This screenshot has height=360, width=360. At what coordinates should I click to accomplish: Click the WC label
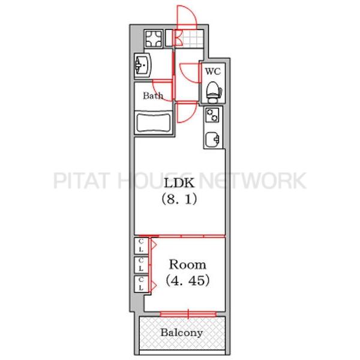[x=213, y=71]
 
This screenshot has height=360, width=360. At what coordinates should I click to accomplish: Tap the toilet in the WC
[x=213, y=91]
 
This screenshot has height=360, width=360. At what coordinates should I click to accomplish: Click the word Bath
[x=152, y=95]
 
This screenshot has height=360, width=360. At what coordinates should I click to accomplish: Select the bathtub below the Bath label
[x=154, y=123]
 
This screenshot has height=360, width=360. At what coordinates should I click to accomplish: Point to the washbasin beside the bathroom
[x=143, y=64]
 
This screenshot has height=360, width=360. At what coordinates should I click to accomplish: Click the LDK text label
[x=180, y=183]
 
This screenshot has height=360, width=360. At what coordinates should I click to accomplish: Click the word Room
[x=187, y=264]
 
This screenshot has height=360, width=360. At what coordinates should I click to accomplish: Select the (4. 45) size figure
[x=187, y=280]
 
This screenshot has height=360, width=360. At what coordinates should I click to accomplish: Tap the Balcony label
[x=181, y=332]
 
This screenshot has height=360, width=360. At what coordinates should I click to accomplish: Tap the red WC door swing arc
[x=188, y=72]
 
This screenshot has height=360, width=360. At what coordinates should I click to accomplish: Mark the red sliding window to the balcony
[x=187, y=313]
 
